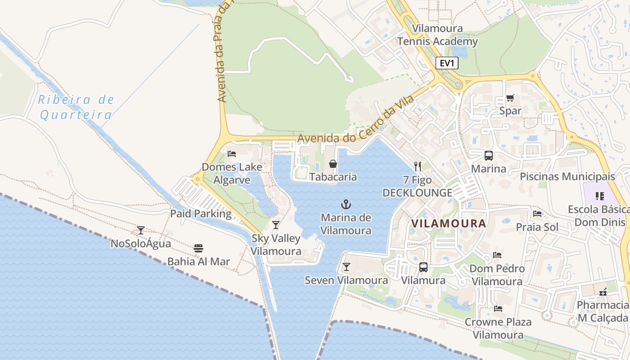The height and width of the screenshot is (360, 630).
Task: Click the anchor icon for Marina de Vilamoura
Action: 346,205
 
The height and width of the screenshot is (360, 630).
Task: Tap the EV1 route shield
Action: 447,63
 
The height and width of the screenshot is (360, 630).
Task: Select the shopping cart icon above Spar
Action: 510,98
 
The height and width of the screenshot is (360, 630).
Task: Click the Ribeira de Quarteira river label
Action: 76,107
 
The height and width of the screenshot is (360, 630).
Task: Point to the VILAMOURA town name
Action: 449,223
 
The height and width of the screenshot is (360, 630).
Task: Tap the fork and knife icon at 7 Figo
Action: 418,166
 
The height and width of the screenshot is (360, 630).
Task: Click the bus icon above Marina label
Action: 488,156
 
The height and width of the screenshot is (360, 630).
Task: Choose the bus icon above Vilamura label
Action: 423,267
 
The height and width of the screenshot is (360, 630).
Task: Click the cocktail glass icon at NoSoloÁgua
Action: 141,230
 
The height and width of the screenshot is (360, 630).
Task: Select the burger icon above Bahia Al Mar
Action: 198,248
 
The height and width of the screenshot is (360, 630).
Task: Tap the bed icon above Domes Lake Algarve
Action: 232,154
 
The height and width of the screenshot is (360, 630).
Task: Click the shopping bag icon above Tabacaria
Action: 333,164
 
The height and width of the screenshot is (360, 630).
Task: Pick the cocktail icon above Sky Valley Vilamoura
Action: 276,225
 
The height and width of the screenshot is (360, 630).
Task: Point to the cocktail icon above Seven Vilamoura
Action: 346,267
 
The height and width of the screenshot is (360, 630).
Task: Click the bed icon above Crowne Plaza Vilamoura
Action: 498,309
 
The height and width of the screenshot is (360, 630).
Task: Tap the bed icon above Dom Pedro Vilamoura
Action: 497,255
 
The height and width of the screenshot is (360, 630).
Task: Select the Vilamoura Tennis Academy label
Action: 437,35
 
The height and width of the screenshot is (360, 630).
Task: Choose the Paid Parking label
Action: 201,214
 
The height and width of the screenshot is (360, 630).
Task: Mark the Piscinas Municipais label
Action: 567,176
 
